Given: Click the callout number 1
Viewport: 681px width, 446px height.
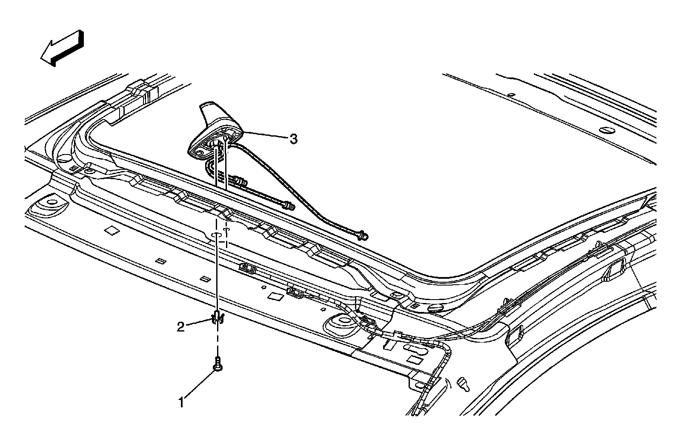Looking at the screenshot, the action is click(x=181, y=402).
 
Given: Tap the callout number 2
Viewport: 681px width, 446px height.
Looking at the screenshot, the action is click(x=181, y=327).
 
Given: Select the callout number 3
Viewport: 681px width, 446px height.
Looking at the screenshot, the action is click(x=293, y=139).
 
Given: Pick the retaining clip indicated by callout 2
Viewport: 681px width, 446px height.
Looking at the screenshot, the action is click(x=217, y=317).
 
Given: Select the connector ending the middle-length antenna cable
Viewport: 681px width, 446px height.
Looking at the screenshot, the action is click(x=289, y=206).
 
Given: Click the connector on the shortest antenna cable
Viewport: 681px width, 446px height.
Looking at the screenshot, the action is click(x=241, y=182).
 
